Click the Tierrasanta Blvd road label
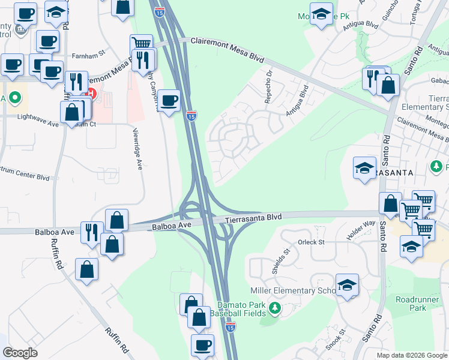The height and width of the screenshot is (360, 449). [253, 218]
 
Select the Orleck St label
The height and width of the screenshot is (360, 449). [311, 242]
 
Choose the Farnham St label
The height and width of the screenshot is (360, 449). [88, 53]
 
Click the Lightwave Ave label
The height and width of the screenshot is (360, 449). [38, 116]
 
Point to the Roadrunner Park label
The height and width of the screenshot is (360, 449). [418, 304]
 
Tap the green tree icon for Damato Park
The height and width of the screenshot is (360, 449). [275, 308]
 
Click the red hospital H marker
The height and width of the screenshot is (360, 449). [91, 94]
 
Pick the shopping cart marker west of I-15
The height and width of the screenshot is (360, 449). [141, 44]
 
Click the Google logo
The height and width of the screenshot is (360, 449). [20, 353]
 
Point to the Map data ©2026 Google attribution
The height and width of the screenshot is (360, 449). [412, 355]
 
